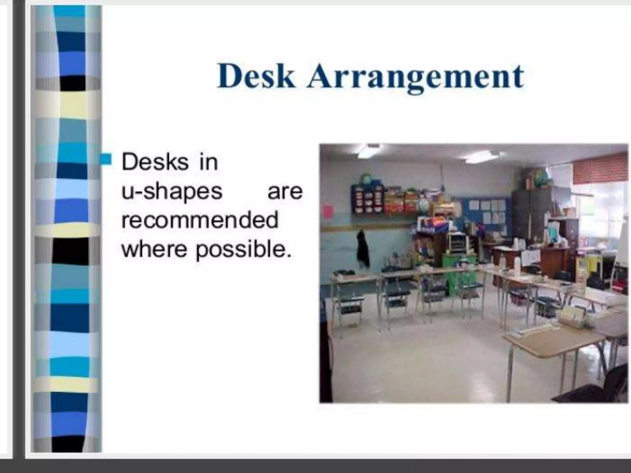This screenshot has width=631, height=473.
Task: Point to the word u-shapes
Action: coord(172,192)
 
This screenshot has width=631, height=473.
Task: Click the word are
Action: coord(285,192)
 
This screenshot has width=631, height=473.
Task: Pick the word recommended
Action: coord(200,220)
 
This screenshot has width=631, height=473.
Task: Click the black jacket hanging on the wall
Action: coord(363,248)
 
